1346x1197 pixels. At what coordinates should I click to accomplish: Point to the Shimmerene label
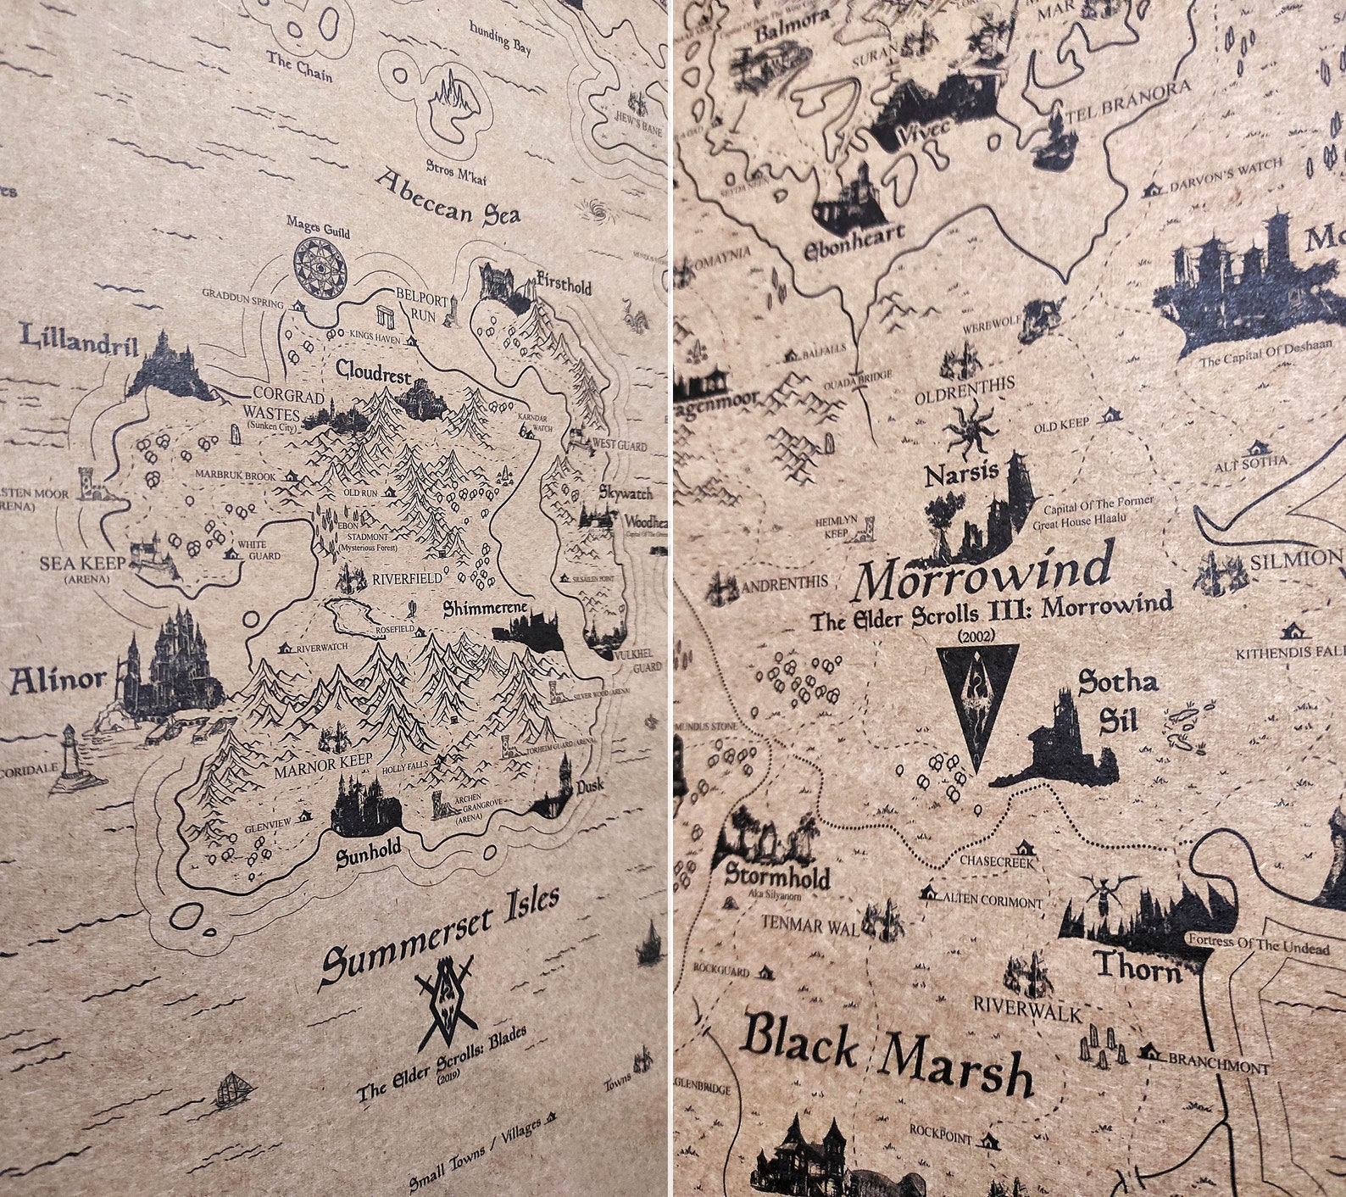click(x=486, y=609)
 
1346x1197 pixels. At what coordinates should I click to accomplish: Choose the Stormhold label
click(x=776, y=876)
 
